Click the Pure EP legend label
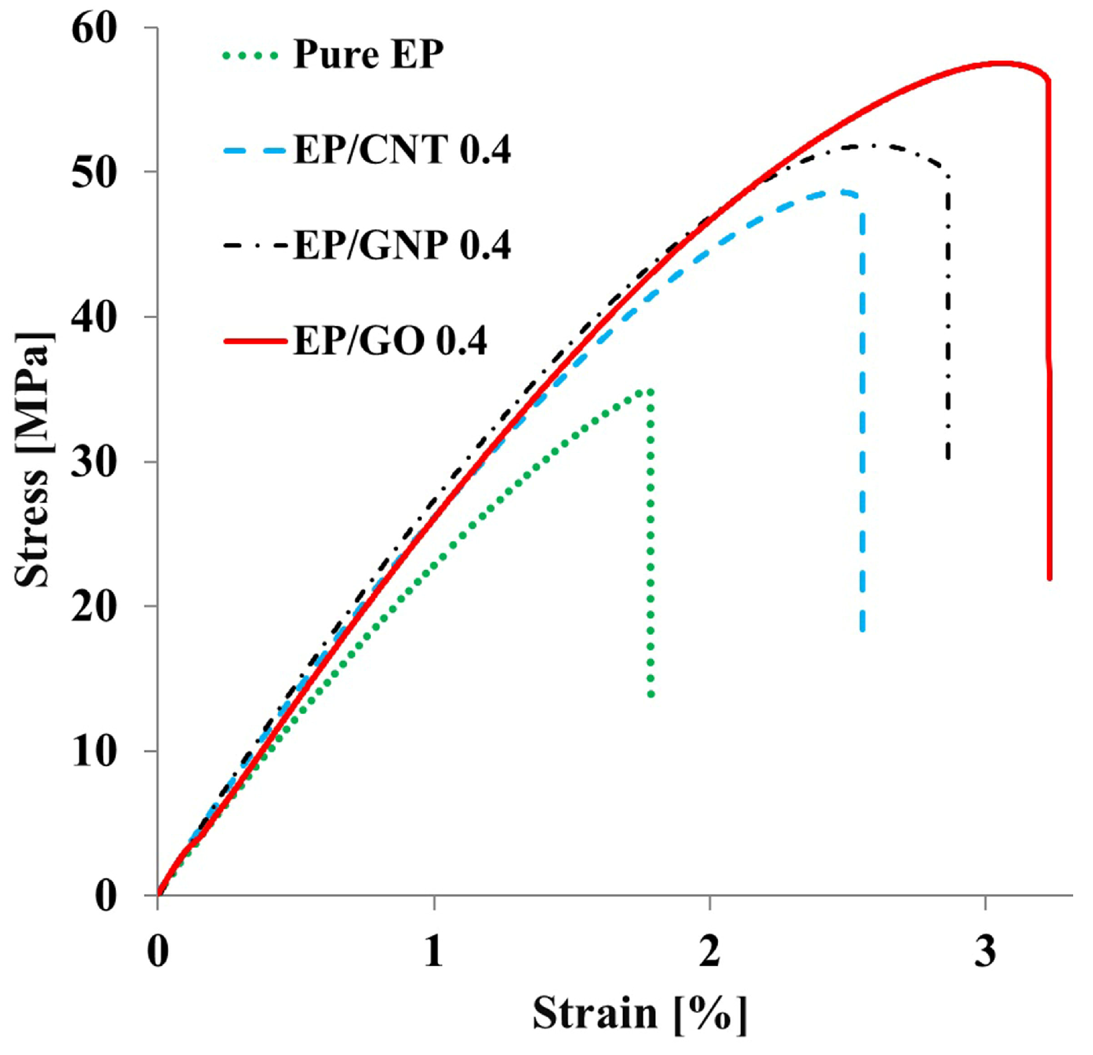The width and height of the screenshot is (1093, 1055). tap(368, 54)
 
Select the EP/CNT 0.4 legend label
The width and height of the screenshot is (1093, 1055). tap(402, 150)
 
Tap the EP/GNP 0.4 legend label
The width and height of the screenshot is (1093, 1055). tap(402, 245)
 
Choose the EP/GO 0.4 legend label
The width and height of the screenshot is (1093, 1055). tap(390, 341)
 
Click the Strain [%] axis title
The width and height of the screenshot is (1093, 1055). tap(639, 1014)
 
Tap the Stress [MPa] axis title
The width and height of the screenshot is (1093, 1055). tap(33, 460)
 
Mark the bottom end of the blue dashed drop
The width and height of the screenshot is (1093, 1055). tap(863, 629)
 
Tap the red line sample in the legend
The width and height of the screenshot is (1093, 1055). tap(255, 341)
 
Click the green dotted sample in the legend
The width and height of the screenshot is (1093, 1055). tap(251, 56)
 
